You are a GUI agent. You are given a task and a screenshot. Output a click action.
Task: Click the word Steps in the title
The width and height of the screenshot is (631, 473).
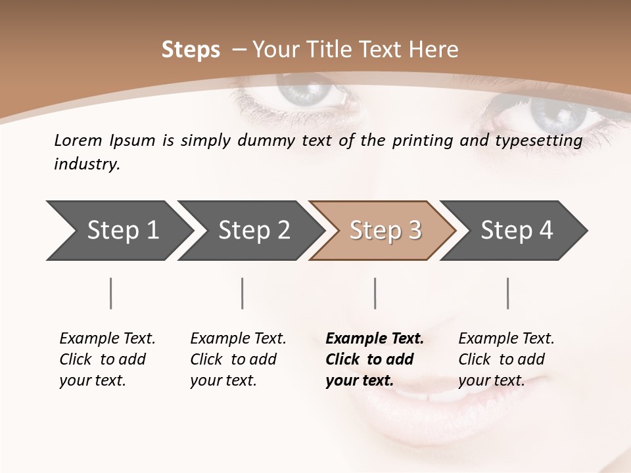click(x=191, y=50)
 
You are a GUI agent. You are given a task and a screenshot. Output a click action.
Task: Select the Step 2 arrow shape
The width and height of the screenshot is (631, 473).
click(x=250, y=230)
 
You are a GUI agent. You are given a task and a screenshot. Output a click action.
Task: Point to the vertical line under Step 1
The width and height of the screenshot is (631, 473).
click(x=110, y=293)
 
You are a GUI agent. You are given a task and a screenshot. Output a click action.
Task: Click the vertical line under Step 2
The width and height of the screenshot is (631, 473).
click(x=243, y=293)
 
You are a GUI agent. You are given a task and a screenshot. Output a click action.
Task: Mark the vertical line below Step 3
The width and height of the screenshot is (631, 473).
click(x=375, y=293)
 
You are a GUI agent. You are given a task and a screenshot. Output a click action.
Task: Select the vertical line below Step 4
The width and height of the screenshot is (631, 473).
click(x=507, y=293)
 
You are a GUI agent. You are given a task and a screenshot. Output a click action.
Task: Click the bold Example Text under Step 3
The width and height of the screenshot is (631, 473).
click(x=375, y=339)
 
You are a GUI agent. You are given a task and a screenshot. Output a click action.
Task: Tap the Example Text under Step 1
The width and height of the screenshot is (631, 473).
click(x=107, y=339)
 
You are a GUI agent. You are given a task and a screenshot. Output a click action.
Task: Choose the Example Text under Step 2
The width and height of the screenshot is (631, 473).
click(x=238, y=339)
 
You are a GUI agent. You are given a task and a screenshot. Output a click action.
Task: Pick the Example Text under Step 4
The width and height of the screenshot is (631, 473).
click(x=506, y=339)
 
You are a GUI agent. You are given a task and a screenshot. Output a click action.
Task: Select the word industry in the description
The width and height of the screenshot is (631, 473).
click(x=85, y=164)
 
